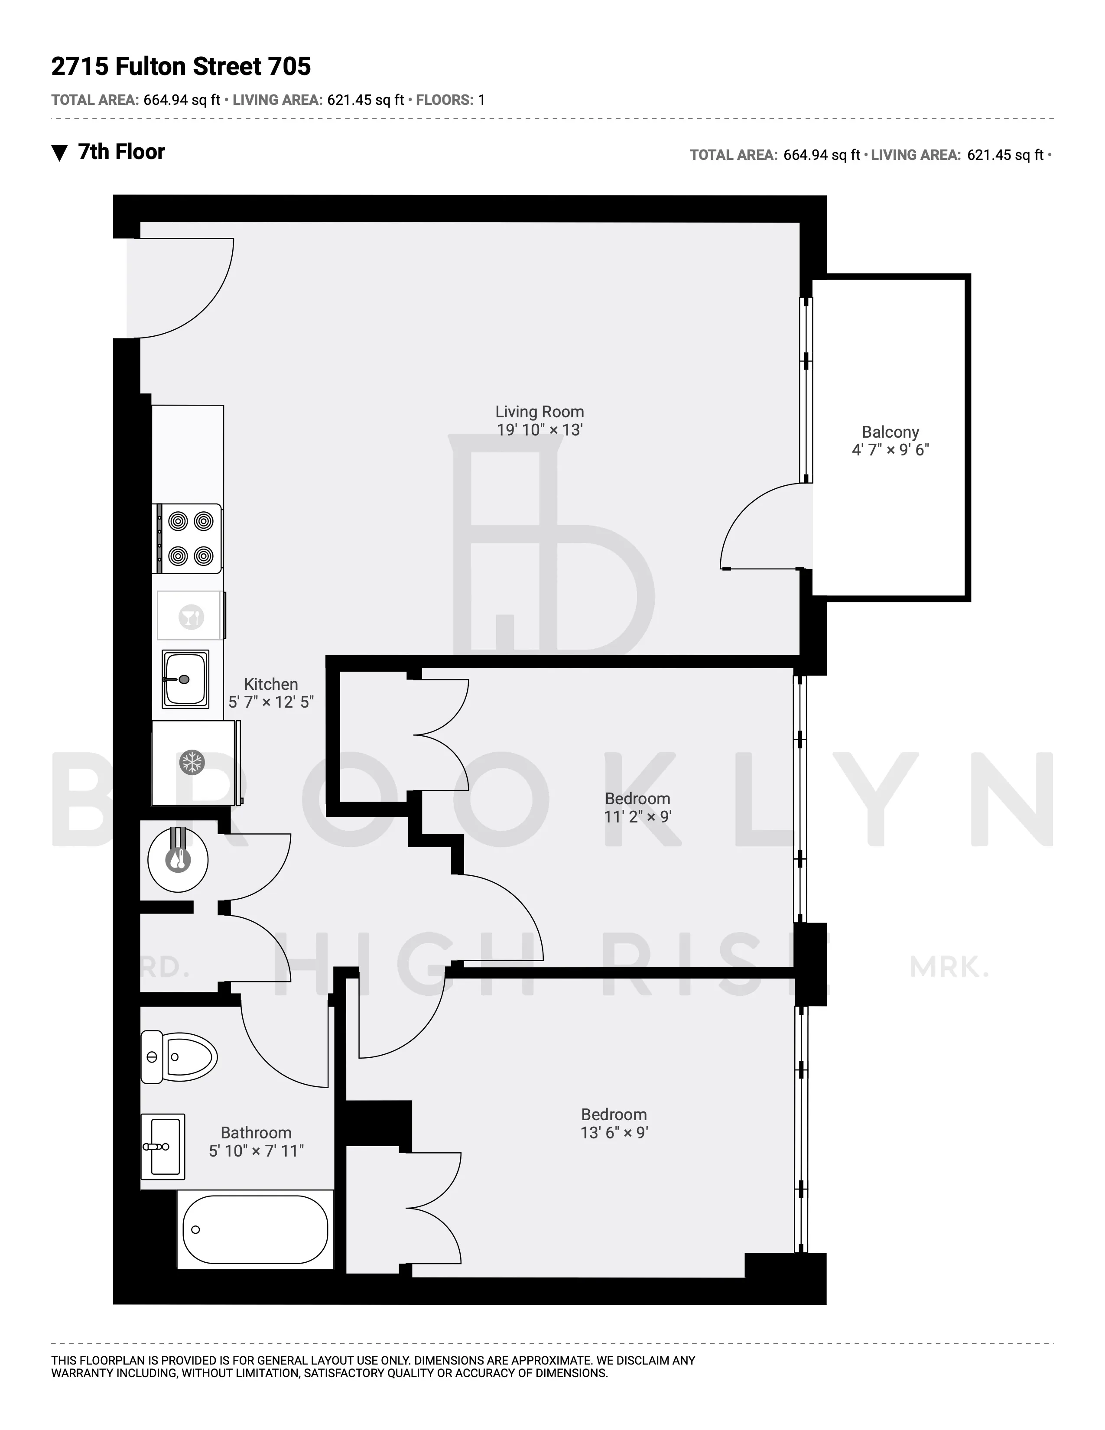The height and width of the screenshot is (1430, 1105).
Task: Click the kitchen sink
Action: click(186, 679)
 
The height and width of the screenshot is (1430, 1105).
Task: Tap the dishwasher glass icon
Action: click(191, 617)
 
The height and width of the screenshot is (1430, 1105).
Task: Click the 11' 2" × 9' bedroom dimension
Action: click(637, 816)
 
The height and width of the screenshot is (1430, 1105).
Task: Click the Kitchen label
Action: click(270, 684)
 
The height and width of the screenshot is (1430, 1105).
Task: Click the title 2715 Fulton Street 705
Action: click(181, 66)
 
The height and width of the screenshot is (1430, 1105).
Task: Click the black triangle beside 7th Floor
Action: click(59, 153)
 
